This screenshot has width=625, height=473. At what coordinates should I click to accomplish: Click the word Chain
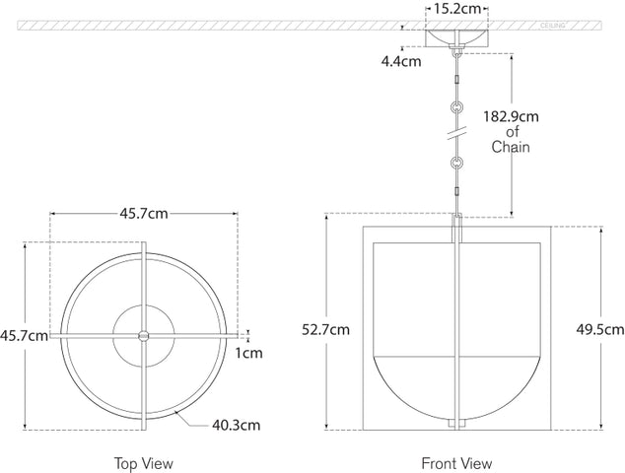point(512,148)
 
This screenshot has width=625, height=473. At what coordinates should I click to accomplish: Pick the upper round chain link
point(455,106)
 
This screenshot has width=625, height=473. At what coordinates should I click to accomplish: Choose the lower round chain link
point(455,161)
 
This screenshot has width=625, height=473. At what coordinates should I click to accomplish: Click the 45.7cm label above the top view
point(144,213)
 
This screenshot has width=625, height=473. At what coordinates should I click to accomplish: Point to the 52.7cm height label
point(327,330)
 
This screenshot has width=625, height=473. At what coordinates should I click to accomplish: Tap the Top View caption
point(144,462)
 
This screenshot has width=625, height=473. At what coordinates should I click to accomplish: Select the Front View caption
point(456,462)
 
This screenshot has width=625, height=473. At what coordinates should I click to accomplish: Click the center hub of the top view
point(144,336)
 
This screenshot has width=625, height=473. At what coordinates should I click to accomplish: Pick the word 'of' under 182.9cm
point(512,132)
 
